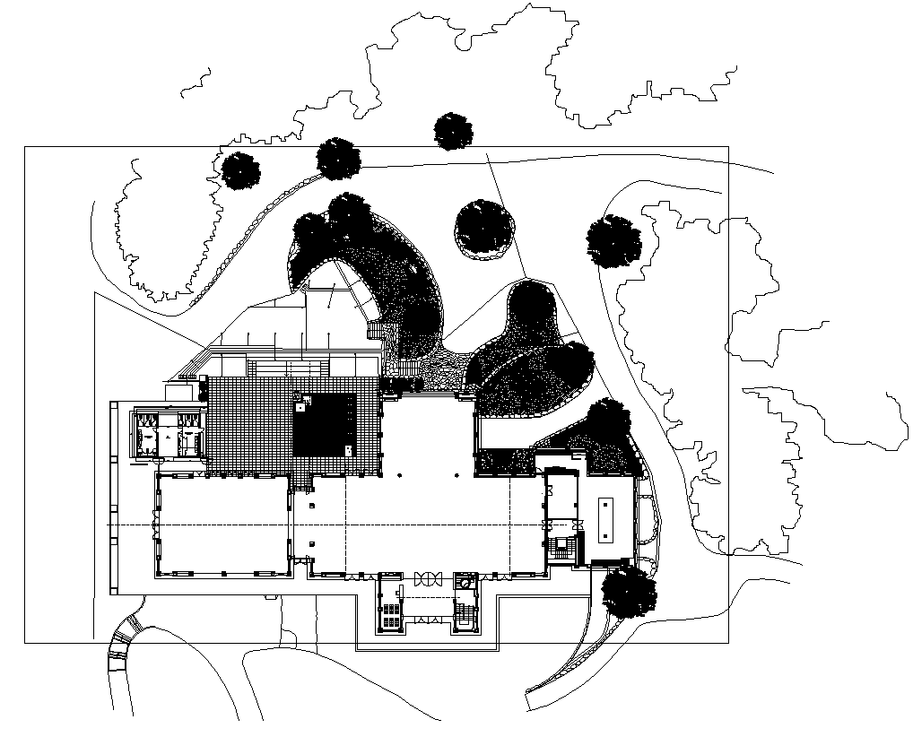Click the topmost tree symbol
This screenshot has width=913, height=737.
tap(453, 131)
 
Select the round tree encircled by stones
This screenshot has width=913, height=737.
tap(484, 229)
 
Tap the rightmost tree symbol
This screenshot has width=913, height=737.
tap(614, 241)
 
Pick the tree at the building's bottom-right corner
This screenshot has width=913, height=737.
tap(628, 592)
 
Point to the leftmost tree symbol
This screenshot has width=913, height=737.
tap(240, 170)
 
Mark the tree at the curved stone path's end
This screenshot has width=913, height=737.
tap(338, 159)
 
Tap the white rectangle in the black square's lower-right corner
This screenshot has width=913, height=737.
tap(348, 446)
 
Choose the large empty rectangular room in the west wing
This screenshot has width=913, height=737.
tap(223, 525)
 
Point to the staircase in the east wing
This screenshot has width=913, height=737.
tap(562, 547)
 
